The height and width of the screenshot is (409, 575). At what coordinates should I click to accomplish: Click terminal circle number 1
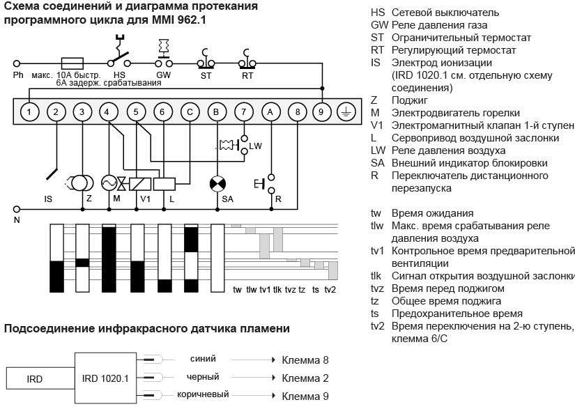point(29,111)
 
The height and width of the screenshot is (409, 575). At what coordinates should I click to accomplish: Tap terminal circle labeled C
point(189,111)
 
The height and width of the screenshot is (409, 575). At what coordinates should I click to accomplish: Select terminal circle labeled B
point(217,111)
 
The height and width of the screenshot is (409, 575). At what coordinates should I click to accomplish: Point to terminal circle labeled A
point(270,111)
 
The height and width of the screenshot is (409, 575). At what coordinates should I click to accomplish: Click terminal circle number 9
point(321,111)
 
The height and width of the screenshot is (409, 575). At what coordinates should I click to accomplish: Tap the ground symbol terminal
point(346,111)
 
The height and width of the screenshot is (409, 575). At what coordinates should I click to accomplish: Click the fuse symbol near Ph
point(73,62)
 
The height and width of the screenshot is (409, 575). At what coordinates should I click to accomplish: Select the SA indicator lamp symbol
point(217,184)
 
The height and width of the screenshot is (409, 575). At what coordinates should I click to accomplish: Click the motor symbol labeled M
point(110,183)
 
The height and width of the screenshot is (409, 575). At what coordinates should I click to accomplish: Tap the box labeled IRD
point(35,379)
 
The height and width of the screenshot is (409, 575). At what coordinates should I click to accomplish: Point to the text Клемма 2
point(305,378)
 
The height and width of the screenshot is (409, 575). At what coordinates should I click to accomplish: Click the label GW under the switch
point(163,75)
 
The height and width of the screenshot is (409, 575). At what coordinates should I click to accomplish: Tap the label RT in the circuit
point(247,75)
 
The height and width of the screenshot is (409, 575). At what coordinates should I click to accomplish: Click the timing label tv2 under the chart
point(330,290)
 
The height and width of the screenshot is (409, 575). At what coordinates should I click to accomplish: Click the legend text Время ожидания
point(432,213)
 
